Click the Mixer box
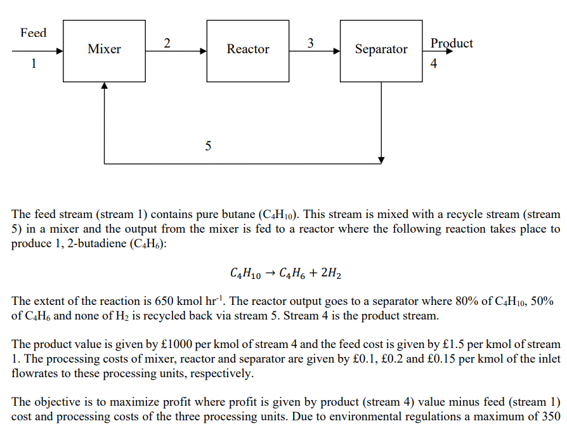(105, 50)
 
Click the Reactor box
(248, 50)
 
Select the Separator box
(381, 50)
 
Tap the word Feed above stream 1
(33, 32)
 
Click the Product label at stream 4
(451, 43)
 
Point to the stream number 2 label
(167, 43)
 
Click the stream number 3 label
(310, 43)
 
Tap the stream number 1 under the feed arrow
(34, 63)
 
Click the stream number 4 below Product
(434, 63)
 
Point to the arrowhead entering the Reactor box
(203, 51)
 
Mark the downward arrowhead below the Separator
(381, 159)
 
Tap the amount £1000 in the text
(175, 344)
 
